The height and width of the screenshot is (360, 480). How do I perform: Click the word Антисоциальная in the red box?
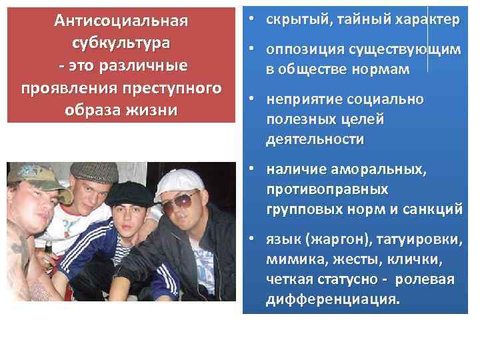tap(121, 21)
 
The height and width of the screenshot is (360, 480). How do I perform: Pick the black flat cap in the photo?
tap(126, 193)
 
